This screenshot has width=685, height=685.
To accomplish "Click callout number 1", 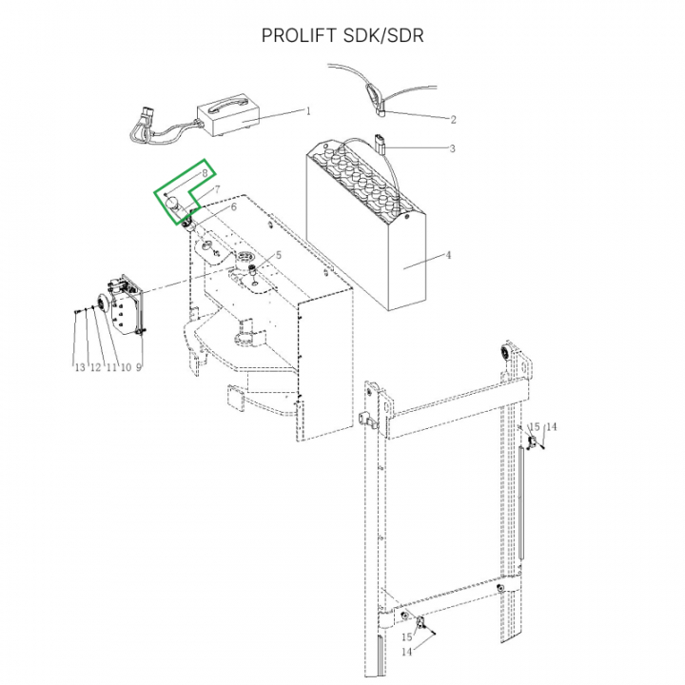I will point(308,111).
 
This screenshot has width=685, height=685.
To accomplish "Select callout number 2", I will point(453,120).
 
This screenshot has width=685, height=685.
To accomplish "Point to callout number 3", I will point(453,148).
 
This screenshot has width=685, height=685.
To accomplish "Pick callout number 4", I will point(450,255).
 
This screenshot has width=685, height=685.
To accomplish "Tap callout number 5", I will point(280,256).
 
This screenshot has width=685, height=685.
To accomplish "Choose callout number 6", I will point(233,206).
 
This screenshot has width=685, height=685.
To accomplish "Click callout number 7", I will point(218,190).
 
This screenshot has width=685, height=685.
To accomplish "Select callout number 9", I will point(139,367).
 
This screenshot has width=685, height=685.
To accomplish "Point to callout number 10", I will point(126,367).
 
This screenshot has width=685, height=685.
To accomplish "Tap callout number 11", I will point(110,367).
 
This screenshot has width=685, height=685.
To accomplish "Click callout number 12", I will point(95,367).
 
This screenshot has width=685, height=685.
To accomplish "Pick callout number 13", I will point(80,367).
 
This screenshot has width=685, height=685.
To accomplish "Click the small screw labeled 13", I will point(75,310).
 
